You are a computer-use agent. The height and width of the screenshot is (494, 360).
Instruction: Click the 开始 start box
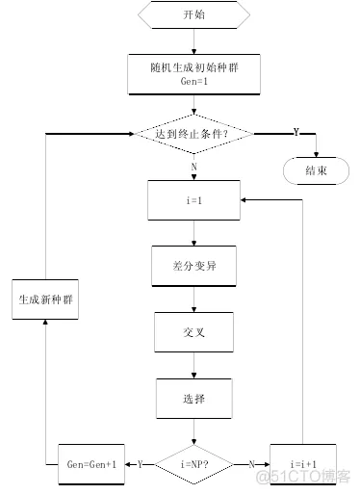193,14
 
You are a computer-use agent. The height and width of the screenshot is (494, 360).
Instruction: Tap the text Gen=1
193,82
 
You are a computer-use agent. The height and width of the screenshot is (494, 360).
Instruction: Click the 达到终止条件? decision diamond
193,134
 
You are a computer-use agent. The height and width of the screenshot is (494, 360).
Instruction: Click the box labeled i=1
193,201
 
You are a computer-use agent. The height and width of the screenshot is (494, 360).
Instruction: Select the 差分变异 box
193,267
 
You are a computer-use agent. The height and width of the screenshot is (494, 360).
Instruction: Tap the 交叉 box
193,333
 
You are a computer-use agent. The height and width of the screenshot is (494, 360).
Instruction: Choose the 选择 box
193,397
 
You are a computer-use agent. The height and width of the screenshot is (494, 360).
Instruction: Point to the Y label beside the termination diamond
296,131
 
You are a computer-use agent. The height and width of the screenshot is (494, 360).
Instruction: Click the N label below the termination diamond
193,167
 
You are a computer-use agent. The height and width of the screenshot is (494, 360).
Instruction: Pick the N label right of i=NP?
251,462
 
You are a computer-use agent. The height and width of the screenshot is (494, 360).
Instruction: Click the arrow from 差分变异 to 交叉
193,299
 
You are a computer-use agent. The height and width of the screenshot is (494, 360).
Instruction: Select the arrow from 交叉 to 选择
193,365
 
